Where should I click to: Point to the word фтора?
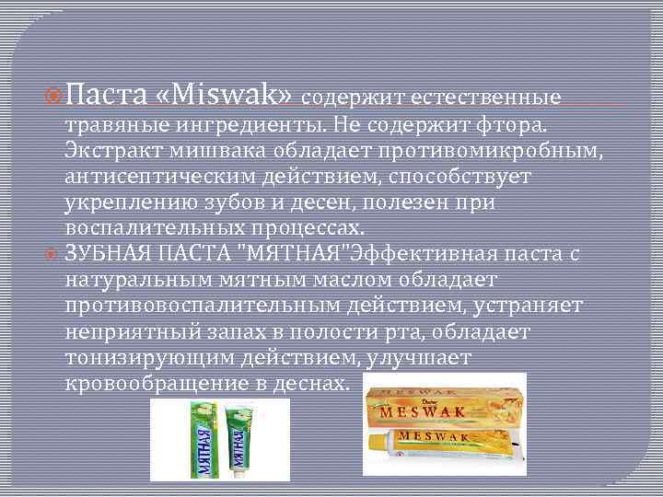coord(519,122)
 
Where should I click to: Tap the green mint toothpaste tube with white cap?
coord(242,440)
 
